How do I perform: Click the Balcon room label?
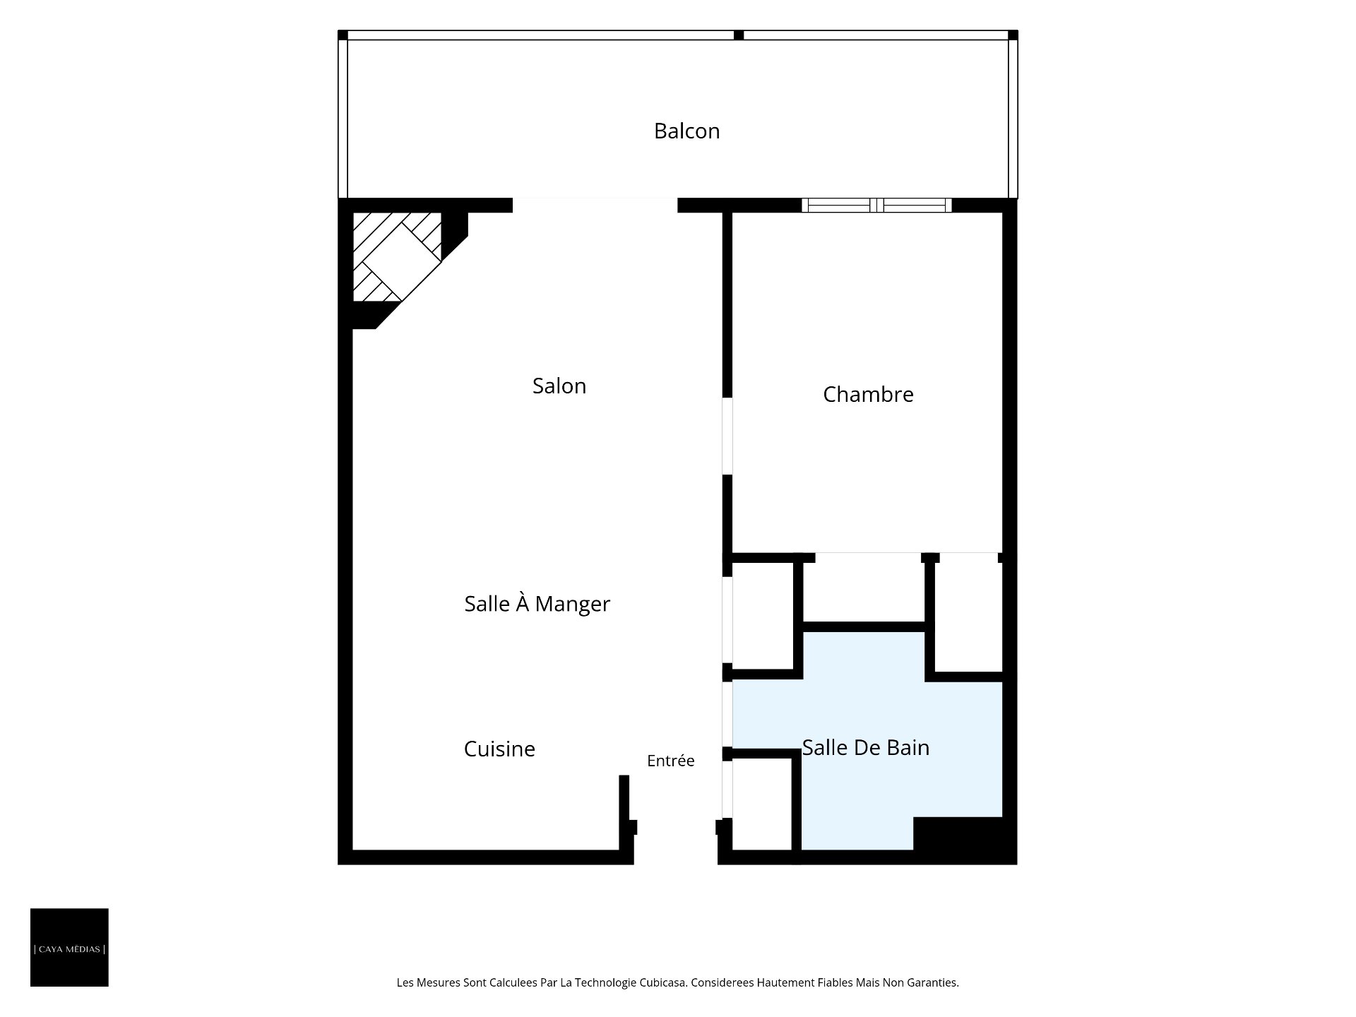point(686,131)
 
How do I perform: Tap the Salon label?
point(559,386)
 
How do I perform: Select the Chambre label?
point(868,394)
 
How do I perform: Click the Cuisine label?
point(499,749)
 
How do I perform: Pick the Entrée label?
point(671,761)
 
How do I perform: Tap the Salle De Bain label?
point(866,747)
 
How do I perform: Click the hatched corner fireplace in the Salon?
point(397,257)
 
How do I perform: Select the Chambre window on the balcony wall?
point(876,206)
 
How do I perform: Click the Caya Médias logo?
point(69,947)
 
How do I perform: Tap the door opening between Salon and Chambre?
point(727,436)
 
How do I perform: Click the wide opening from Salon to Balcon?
point(595,206)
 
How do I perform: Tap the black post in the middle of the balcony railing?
point(739,35)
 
